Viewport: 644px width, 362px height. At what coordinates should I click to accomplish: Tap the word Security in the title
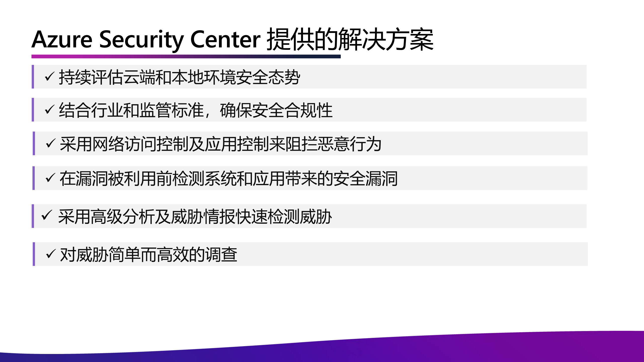[141, 39]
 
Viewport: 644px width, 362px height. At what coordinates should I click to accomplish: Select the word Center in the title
[225, 39]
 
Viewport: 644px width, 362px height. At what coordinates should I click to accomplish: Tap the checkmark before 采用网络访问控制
[51, 143]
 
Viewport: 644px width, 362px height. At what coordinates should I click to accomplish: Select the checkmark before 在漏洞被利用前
[50, 178]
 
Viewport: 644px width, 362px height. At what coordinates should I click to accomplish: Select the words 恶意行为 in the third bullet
[350, 144]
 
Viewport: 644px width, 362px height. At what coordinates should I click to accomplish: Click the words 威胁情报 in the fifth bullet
[203, 217]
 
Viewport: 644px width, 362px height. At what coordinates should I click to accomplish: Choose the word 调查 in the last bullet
[221, 255]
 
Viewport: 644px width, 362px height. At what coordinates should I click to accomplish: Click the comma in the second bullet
[208, 114]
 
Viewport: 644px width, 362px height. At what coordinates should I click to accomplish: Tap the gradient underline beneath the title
[186, 57]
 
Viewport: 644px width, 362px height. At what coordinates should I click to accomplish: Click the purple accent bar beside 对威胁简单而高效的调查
[34, 254]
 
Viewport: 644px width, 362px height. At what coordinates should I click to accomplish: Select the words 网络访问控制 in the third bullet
[140, 144]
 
